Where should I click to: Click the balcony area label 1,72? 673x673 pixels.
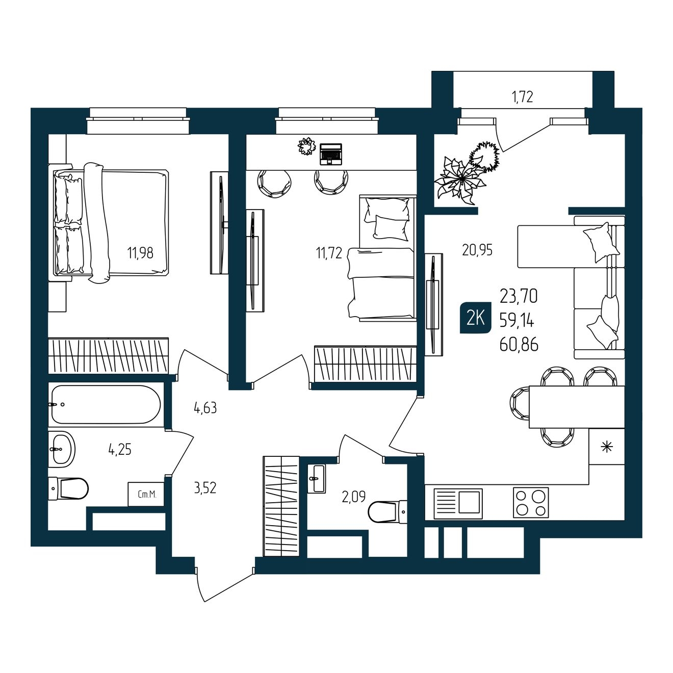tap(523, 97)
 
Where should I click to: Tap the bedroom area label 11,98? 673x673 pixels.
tap(140, 252)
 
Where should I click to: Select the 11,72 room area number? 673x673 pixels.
tap(329, 252)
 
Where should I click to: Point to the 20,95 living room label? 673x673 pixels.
tap(477, 250)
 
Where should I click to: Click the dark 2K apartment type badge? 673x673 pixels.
tap(475, 319)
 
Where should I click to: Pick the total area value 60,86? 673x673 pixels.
tap(519, 345)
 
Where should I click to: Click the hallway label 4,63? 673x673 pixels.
tap(205, 407)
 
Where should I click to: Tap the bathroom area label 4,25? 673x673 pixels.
tap(120, 450)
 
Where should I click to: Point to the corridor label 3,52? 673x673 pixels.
tap(205, 488)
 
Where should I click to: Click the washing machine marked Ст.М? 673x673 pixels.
tap(146, 494)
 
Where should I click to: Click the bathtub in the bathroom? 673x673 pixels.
tap(106, 404)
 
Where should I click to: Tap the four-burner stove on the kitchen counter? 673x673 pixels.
tap(531, 503)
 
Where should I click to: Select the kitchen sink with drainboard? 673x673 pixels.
tap(458, 503)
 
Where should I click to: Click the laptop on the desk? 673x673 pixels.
tap(331, 154)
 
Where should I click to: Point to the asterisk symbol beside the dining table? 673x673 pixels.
tap(607, 447)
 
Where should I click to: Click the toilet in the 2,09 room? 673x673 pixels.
tap(387, 512)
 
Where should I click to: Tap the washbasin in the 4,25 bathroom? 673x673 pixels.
tap(62, 449)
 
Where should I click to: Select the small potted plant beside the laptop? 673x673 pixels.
tap(306, 146)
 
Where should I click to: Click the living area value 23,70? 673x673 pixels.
tap(519, 297)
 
